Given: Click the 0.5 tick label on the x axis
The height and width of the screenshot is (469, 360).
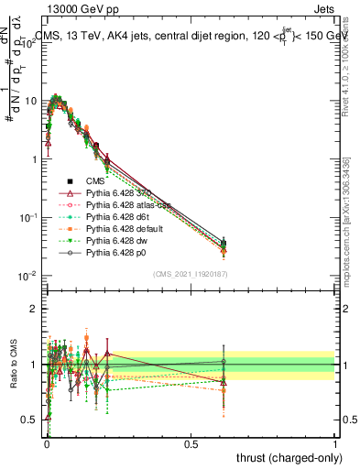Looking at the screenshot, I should tap(190, 442).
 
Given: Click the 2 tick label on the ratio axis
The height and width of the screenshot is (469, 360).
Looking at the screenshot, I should tap(35, 309).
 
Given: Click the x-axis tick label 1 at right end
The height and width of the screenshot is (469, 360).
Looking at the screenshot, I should tap(334, 442).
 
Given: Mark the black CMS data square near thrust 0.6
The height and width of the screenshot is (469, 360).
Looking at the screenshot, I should tap(223, 244).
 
